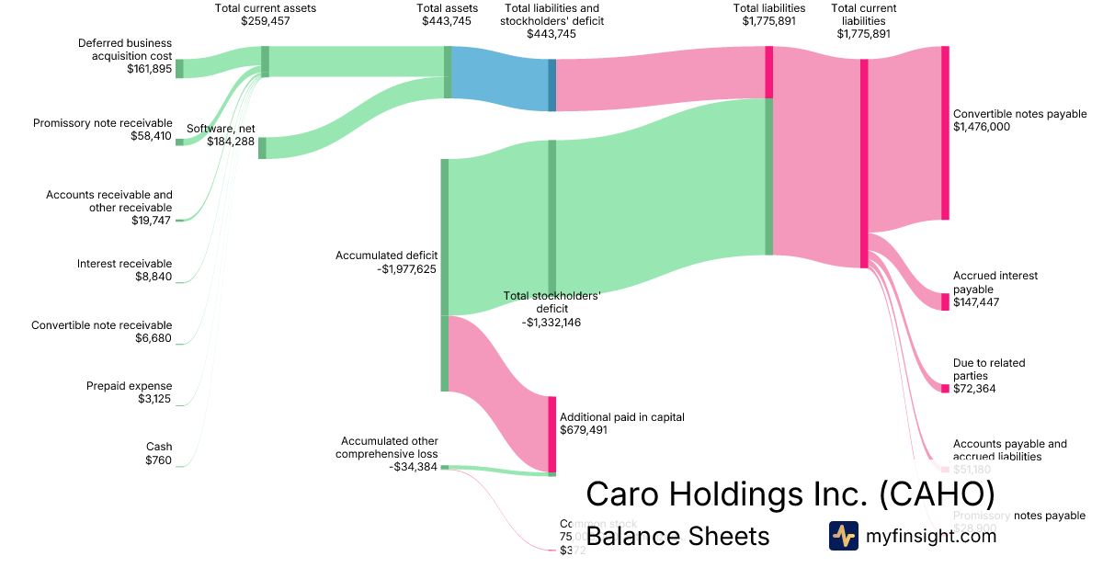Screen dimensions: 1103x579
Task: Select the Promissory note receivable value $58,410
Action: [151, 136]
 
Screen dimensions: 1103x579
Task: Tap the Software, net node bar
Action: [262, 148]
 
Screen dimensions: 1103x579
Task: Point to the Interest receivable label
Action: [124, 264]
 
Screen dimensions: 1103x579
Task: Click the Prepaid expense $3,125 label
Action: [129, 392]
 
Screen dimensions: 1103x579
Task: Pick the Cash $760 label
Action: [157, 454]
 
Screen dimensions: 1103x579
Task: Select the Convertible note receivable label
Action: [101, 324]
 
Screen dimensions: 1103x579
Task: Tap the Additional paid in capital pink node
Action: [552, 434]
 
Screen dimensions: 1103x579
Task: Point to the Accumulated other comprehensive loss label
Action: [387, 448]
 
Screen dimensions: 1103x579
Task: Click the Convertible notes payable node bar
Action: [945, 132]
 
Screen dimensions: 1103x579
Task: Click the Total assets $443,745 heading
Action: [448, 15]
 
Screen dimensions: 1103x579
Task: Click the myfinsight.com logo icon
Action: [843, 536]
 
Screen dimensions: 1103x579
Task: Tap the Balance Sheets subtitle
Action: [677, 536]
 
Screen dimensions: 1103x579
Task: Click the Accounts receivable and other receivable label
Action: [109, 201]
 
